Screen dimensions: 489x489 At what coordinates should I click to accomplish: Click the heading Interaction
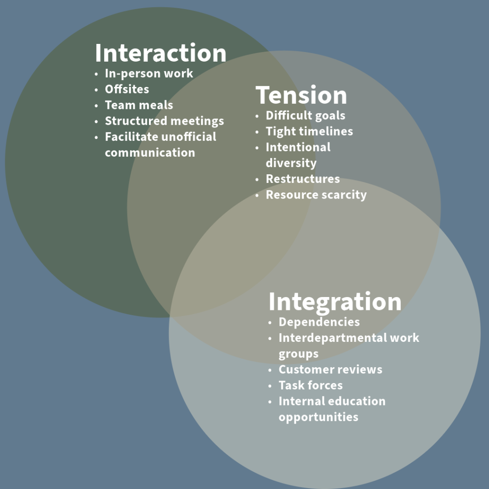tap(160, 53)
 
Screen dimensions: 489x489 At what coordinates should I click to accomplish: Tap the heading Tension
tap(301, 95)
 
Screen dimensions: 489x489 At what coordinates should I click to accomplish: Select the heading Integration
tap(335, 302)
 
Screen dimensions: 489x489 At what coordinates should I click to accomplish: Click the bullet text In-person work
tap(149, 74)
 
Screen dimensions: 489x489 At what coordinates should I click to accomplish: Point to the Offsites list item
tap(127, 89)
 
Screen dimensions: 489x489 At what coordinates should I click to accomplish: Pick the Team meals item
tap(139, 105)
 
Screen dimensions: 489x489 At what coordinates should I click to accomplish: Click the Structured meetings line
tap(164, 121)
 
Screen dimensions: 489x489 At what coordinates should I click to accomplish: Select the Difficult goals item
tap(305, 116)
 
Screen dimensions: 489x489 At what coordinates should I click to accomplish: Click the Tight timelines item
tap(309, 131)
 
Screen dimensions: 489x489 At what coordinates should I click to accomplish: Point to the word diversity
tap(291, 163)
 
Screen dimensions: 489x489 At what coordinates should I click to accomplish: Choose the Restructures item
tap(303, 179)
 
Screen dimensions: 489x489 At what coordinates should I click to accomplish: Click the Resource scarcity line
tap(316, 195)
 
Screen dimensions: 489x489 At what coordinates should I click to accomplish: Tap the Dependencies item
tap(319, 322)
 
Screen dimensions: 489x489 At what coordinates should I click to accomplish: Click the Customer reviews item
tap(330, 370)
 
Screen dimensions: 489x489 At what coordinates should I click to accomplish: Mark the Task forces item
tap(310, 385)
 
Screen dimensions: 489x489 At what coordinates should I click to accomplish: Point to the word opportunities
tap(319, 417)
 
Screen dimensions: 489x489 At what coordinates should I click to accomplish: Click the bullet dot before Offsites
tap(97, 90)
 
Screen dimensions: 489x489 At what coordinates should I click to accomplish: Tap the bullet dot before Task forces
tap(271, 386)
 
